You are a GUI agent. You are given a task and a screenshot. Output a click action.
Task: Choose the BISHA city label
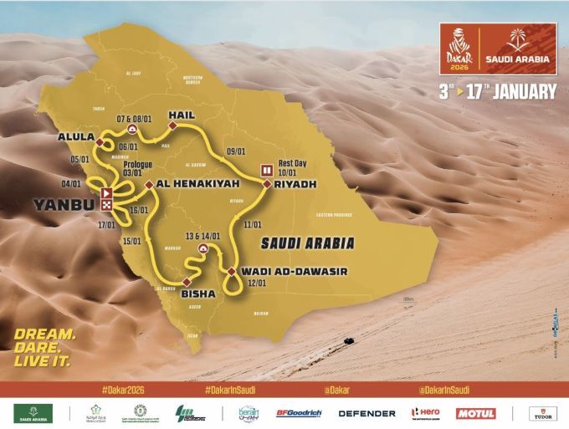pos(197,294)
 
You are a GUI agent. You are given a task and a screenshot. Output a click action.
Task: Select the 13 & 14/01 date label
pos(203,236)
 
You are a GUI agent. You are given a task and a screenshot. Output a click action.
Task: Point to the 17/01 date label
pos(106,224)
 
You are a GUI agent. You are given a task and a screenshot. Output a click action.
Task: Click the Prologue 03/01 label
pos(137,169)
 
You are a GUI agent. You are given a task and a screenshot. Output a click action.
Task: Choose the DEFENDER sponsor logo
pos(367,413)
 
